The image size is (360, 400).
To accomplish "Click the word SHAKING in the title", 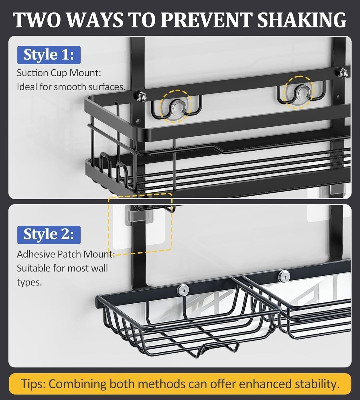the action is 301,20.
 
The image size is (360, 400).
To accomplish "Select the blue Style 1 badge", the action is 49,55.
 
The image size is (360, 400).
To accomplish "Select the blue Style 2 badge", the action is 49,235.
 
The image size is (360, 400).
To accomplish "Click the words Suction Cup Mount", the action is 59,73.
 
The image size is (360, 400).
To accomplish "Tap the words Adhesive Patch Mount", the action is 66,254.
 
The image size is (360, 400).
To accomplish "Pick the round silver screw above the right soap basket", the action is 285,276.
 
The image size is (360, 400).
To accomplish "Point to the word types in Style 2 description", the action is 29,283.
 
